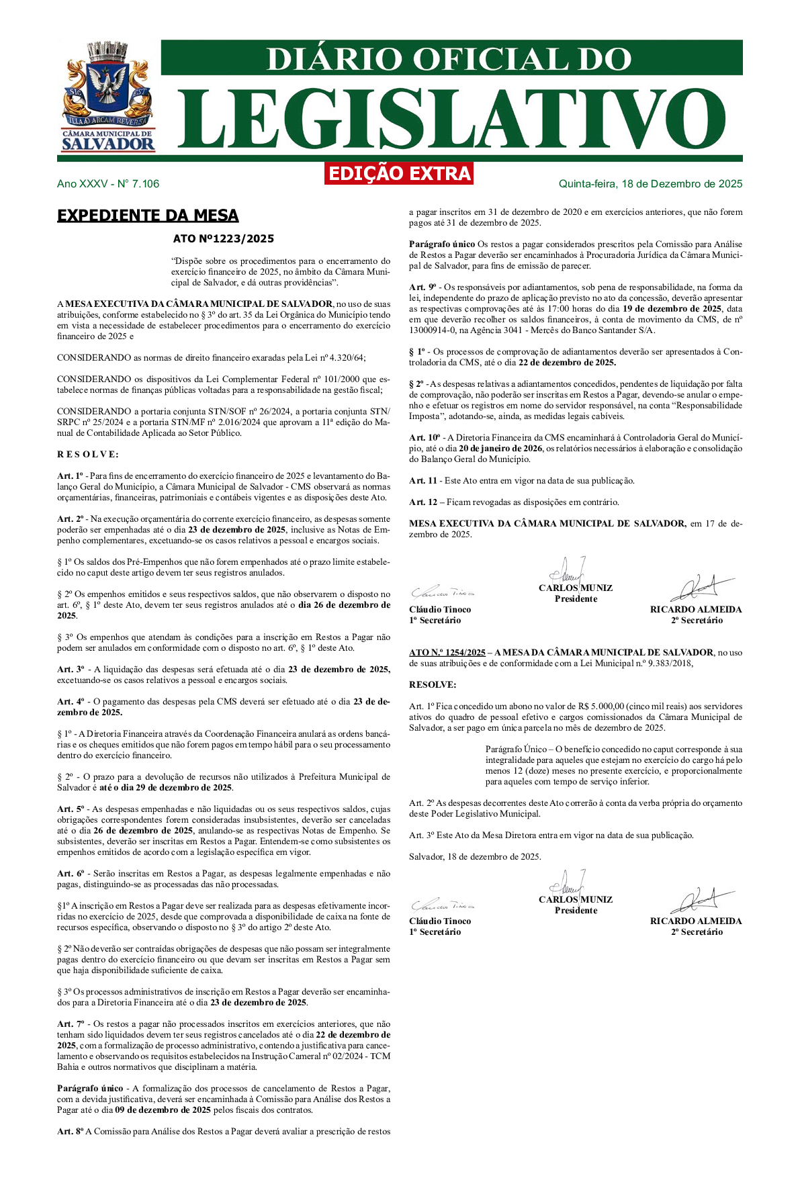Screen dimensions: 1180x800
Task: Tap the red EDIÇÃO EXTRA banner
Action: (399, 173)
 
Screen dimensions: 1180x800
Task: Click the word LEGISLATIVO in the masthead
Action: (443, 120)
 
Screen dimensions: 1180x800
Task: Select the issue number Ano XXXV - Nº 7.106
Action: (108, 184)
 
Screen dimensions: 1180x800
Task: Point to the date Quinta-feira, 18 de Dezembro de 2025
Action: (650, 184)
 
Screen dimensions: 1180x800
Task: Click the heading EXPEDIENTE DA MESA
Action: (148, 216)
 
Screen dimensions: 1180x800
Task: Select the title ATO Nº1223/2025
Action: (224, 238)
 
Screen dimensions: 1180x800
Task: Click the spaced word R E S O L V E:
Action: (88, 455)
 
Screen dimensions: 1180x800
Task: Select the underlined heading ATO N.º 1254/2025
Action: (447, 653)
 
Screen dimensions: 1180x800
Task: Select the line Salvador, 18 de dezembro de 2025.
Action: (475, 857)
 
